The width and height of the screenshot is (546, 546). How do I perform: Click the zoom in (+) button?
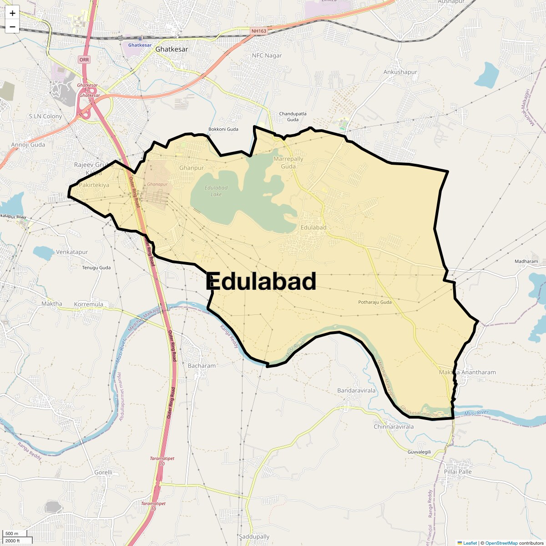(12, 13)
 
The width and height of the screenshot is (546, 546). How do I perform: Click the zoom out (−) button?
(12, 27)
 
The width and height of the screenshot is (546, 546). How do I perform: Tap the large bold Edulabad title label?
(261, 281)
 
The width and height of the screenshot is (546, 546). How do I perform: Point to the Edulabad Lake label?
(216, 191)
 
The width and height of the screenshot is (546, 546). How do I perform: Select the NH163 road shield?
(258, 31)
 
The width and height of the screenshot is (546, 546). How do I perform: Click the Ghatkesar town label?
(172, 49)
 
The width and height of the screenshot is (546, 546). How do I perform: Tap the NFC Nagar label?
(267, 56)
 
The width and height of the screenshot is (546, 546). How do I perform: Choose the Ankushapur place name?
(400, 72)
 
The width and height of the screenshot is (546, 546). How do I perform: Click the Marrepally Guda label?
(288, 162)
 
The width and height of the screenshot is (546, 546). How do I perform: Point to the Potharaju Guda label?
(374, 302)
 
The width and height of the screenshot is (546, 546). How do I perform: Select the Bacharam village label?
(202, 365)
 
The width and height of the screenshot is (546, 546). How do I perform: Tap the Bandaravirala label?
(356, 390)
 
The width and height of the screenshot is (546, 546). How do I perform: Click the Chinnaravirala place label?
(394, 427)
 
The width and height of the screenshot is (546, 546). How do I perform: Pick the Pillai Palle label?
(458, 471)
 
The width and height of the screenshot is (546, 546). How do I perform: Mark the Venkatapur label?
(72, 252)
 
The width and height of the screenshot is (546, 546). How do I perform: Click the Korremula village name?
(88, 304)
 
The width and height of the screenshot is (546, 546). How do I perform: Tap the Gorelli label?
(103, 472)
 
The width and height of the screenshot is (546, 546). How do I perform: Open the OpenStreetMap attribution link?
(501, 543)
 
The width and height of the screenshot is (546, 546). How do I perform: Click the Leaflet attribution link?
(470, 543)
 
